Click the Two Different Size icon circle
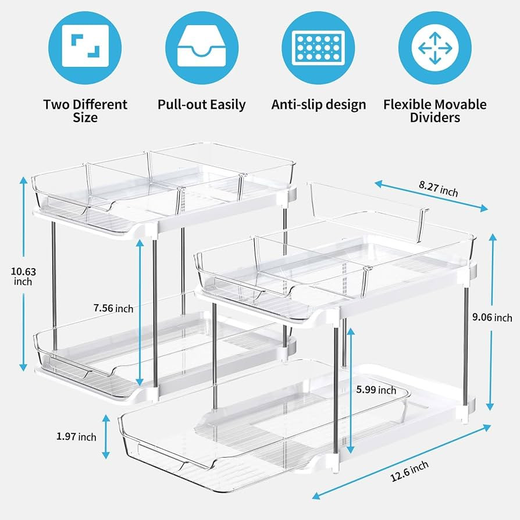(85, 48)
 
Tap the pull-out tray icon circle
(202, 48)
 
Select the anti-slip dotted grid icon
(318, 48)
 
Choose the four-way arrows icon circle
(434, 48)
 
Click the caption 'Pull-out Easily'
(202, 105)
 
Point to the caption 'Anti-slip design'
(318, 105)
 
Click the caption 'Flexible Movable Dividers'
(434, 111)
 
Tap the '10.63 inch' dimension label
(23, 277)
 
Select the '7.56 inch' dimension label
(113, 308)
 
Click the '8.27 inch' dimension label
(438, 188)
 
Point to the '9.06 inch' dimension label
(492, 318)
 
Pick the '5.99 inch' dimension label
(376, 390)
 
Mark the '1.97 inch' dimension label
(76, 436)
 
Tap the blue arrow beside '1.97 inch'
(106, 436)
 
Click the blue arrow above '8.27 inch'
(431, 195)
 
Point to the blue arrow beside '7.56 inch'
(140, 313)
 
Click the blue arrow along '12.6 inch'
(401, 462)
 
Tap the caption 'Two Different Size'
(86, 111)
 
